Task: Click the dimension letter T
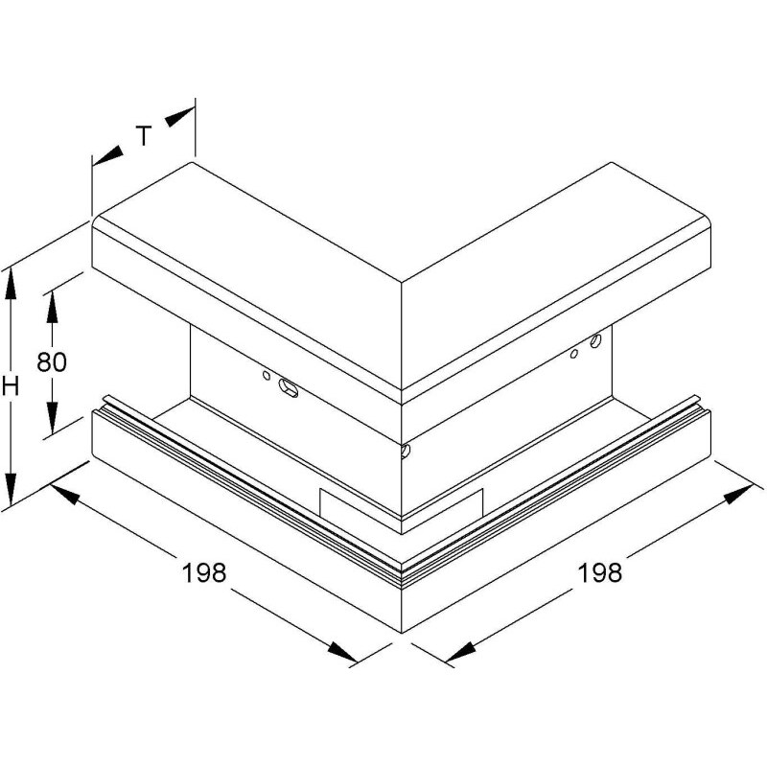144,135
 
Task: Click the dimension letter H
11,386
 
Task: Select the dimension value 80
52,362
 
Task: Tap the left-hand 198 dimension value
204,572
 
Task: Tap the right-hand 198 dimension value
600,572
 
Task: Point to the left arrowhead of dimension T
107,155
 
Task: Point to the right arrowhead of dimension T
179,117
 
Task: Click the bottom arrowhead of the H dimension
11,489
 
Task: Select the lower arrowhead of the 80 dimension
52,417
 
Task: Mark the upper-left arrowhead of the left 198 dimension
64,494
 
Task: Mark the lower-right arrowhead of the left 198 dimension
342,652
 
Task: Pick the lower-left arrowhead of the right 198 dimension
461,652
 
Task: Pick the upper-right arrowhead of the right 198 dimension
738,495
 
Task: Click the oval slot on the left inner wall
289,388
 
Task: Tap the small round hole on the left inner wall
267,375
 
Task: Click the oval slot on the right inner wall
595,340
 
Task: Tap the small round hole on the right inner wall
574,353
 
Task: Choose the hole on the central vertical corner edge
405,451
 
